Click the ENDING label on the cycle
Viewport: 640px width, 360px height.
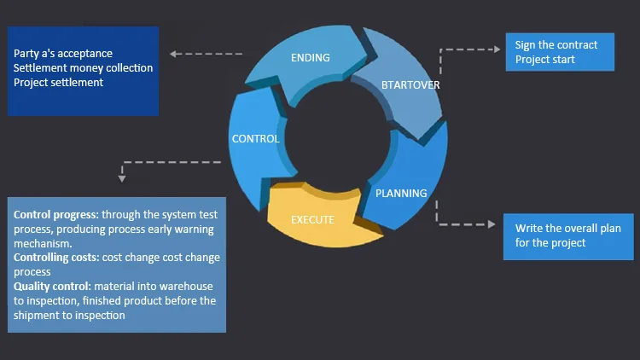coord(310,58)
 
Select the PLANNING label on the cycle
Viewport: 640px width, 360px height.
coord(401,193)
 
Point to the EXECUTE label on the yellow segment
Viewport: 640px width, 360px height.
coord(312,219)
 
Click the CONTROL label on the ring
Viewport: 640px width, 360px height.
coord(255,138)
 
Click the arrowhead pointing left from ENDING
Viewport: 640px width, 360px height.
coord(174,54)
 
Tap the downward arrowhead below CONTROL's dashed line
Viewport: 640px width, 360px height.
coord(122,178)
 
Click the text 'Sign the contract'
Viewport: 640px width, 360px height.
coord(556,45)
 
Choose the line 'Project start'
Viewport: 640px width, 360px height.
coord(544,60)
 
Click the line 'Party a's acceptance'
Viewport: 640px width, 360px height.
coord(63,54)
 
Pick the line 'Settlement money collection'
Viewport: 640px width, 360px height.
coord(83,68)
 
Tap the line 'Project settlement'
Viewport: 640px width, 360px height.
coord(58,83)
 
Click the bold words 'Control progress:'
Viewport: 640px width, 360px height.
coord(55,215)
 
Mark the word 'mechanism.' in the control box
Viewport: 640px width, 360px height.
coord(41,243)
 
